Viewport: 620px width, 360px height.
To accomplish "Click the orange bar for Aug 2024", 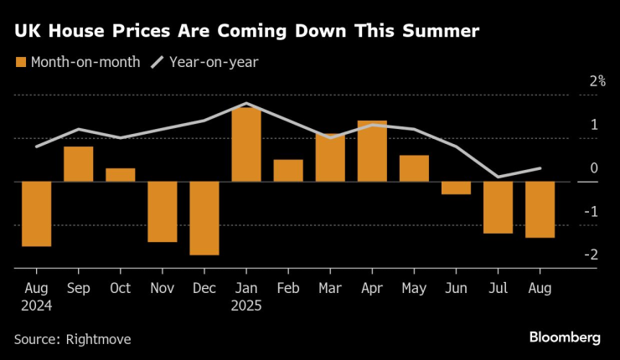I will (x=37, y=213).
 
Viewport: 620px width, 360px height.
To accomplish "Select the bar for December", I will (x=204, y=218).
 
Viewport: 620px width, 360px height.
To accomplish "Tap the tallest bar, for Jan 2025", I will (x=246, y=144).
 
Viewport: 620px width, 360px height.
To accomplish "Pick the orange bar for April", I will (x=372, y=151).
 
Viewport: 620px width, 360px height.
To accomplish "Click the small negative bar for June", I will (x=456, y=188).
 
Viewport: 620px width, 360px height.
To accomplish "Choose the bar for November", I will (x=163, y=211).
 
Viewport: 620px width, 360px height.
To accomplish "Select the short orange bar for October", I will (x=121, y=174).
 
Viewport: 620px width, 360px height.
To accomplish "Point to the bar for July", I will (x=498, y=207).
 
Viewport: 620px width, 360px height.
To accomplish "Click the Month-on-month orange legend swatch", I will (x=20, y=62).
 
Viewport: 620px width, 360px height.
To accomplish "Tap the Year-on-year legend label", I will (x=214, y=62).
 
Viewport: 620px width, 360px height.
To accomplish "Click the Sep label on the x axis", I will (x=79, y=287).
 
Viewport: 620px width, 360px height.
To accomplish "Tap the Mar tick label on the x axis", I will (x=330, y=287).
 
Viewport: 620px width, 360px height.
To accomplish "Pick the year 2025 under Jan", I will (x=246, y=306).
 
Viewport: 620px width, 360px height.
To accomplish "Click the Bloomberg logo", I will (x=565, y=337).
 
